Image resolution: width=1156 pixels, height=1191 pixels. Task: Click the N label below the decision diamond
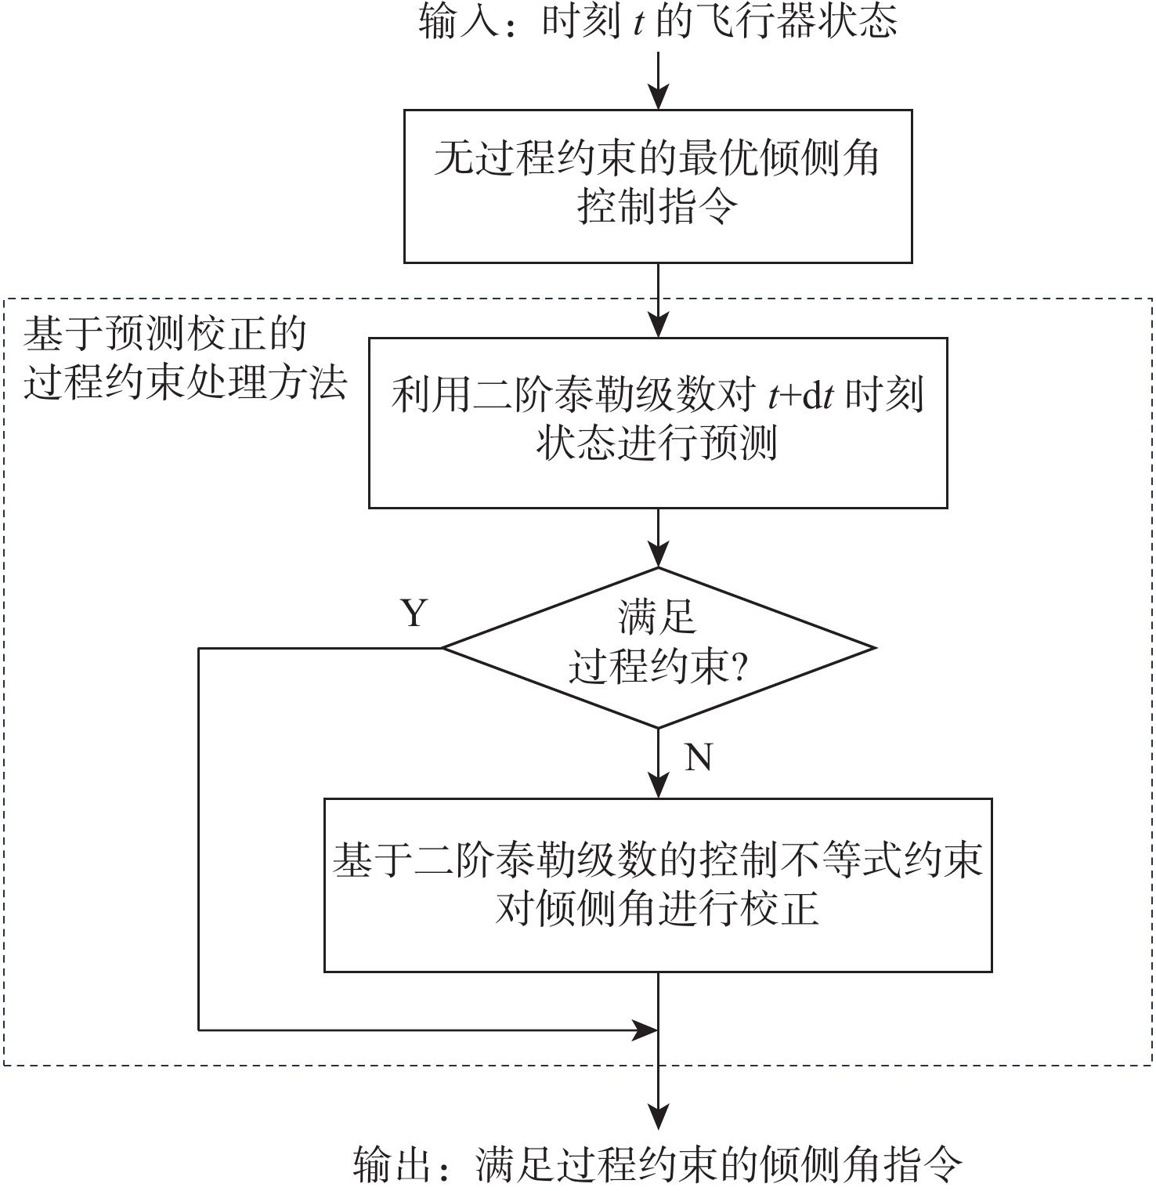click(698, 757)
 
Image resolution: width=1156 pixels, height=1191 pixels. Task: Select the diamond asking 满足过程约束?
click(659, 648)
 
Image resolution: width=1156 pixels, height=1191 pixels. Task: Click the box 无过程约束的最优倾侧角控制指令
click(658, 186)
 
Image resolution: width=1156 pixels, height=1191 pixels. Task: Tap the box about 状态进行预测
click(658, 423)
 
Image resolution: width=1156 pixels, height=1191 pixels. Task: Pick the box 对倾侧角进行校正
click(658, 885)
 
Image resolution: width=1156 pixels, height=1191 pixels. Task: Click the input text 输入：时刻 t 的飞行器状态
click(658, 21)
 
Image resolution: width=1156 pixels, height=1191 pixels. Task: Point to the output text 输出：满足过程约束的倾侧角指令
click(658, 1165)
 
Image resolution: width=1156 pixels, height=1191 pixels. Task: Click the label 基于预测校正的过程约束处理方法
click(185, 359)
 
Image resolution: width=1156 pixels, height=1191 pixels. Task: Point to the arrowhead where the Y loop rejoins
click(646, 1030)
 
